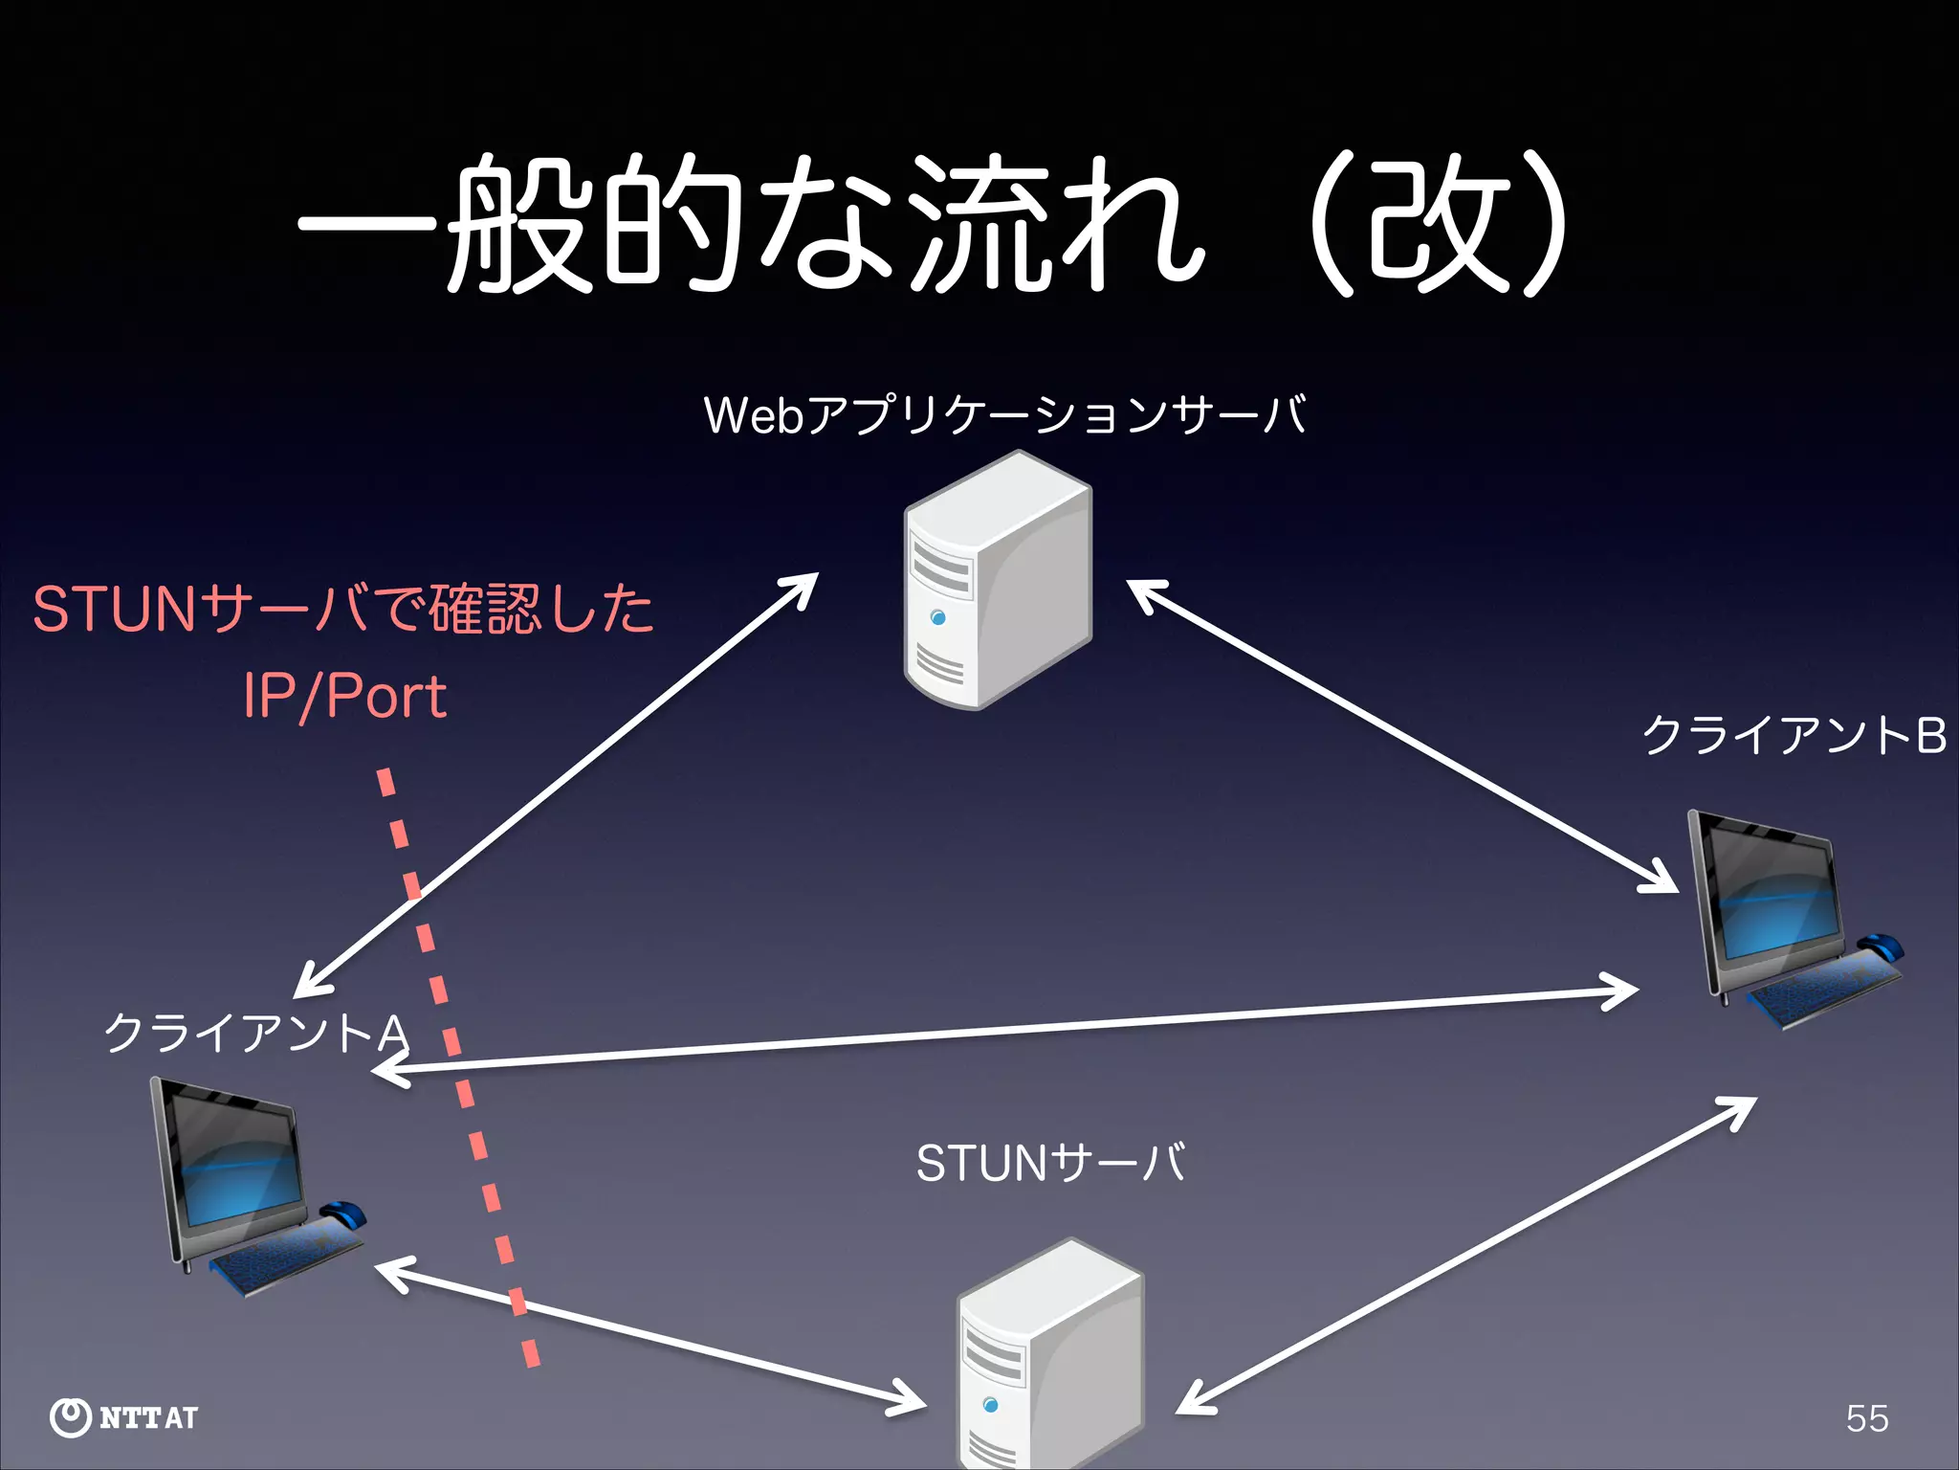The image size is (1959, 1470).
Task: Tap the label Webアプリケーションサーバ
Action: (1004, 415)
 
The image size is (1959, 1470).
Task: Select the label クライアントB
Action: (1794, 736)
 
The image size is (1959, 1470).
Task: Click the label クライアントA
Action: (256, 1034)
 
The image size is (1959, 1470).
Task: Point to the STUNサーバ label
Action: (1050, 1164)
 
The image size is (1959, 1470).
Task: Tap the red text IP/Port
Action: (344, 696)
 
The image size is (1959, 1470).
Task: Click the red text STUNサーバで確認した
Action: (342, 610)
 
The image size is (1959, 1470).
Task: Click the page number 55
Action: (1867, 1418)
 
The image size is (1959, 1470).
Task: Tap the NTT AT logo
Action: (124, 1417)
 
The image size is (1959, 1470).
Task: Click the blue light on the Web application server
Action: (938, 618)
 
